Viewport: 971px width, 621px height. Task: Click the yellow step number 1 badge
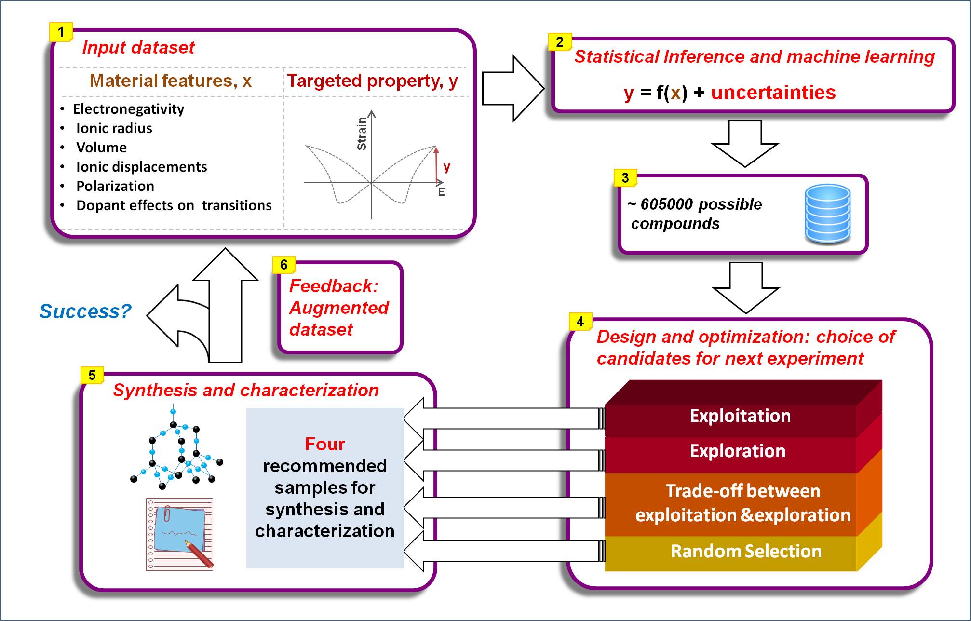point(61,32)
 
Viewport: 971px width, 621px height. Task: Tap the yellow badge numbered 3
point(625,178)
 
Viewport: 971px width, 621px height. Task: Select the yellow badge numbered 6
point(284,265)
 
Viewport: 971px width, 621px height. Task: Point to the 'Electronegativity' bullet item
point(128,109)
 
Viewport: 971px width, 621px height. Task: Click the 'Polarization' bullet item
point(115,186)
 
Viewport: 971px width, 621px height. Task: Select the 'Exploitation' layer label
point(740,416)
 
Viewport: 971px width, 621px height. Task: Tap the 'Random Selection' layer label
point(746,551)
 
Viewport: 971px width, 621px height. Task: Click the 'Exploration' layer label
point(737,451)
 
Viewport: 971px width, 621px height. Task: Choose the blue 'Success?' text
point(85,311)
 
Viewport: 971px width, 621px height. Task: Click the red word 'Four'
point(324,444)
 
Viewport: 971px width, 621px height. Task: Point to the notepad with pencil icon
point(179,534)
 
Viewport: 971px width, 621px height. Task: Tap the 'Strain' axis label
point(362,134)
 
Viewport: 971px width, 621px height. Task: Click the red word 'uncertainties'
point(773,93)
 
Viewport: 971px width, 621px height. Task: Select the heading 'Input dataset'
point(138,47)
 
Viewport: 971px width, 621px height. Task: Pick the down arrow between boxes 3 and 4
point(746,288)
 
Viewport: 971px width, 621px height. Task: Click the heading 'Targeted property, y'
point(373,81)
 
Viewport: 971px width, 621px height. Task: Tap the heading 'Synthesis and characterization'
point(246,390)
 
